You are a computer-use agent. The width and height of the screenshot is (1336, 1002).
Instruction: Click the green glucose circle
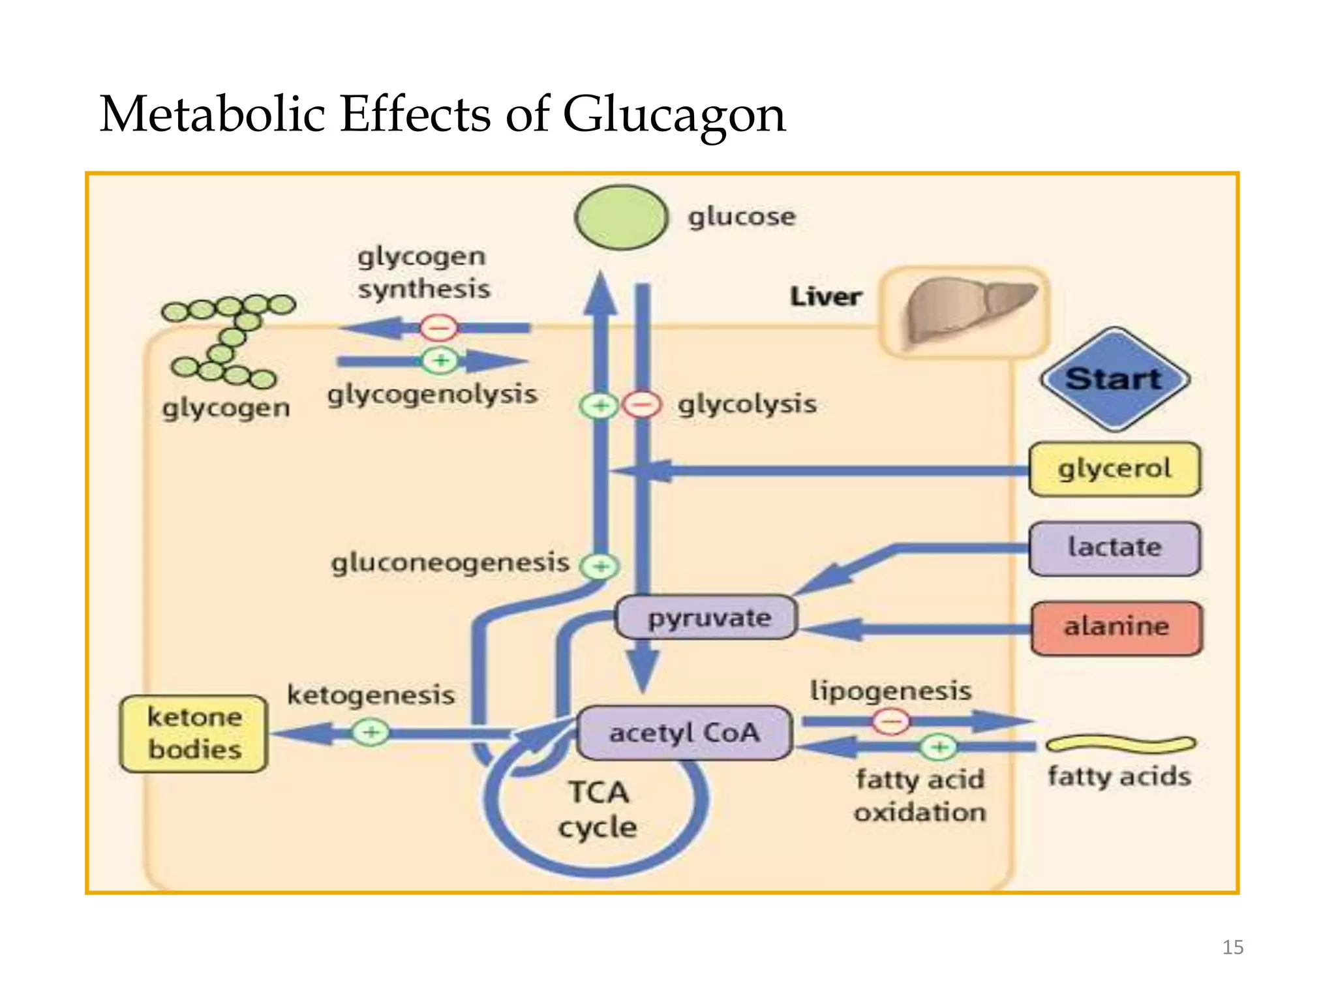pyautogui.click(x=621, y=217)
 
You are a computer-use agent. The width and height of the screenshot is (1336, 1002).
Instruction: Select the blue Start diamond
pyautogui.click(x=1114, y=379)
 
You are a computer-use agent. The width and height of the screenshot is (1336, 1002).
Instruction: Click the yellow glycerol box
pyautogui.click(x=1114, y=469)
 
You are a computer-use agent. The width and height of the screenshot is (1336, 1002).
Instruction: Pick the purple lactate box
pyautogui.click(x=1114, y=548)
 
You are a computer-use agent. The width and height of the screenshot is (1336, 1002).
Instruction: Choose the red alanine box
pyautogui.click(x=1116, y=628)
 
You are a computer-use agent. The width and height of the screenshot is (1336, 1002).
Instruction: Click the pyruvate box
pyautogui.click(x=706, y=617)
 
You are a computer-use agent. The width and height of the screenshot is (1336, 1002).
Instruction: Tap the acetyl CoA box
pyautogui.click(x=684, y=733)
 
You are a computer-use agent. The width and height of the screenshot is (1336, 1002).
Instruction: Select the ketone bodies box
pyautogui.click(x=194, y=733)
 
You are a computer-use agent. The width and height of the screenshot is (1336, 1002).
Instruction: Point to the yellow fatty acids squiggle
pyautogui.click(x=1120, y=744)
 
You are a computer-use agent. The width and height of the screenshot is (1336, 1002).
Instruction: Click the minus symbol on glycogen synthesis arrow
pyautogui.click(x=438, y=327)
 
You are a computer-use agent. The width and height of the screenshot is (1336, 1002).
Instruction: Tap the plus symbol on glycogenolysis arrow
pyautogui.click(x=440, y=360)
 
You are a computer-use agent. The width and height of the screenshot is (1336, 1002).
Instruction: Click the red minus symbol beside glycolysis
pyautogui.click(x=643, y=406)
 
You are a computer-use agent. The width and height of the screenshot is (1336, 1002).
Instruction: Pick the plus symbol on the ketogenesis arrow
pyautogui.click(x=371, y=732)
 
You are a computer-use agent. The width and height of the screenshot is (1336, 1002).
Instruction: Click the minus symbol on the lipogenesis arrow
pyautogui.click(x=891, y=721)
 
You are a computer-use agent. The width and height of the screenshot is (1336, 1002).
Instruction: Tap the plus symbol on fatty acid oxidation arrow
pyautogui.click(x=938, y=747)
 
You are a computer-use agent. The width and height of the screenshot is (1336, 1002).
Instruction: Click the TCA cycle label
pyautogui.click(x=598, y=810)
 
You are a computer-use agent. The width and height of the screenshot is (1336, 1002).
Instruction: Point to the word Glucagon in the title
pyautogui.click(x=674, y=115)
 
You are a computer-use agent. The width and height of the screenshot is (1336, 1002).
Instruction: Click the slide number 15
pyautogui.click(x=1232, y=947)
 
